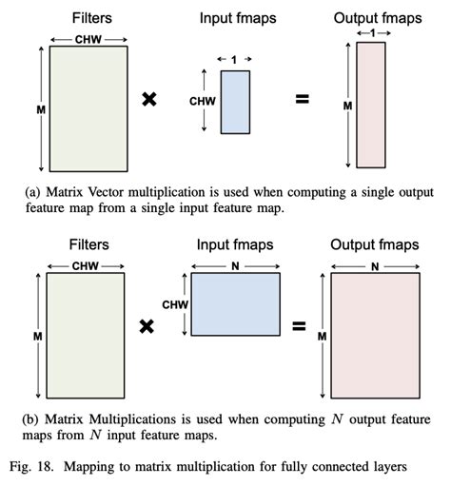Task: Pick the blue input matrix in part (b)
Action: coord(236,304)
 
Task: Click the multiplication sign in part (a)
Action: coord(148,99)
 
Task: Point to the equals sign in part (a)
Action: coord(303,99)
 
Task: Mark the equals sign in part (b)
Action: coord(299,325)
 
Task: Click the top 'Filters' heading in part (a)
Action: coord(88,17)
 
